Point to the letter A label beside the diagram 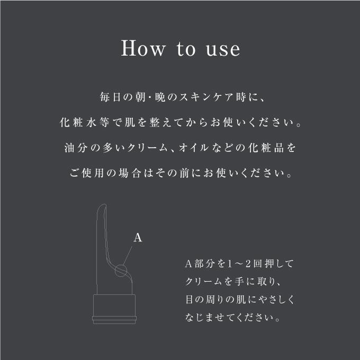point(138,238)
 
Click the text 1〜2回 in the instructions point(238,263)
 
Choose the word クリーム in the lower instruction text point(206,282)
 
